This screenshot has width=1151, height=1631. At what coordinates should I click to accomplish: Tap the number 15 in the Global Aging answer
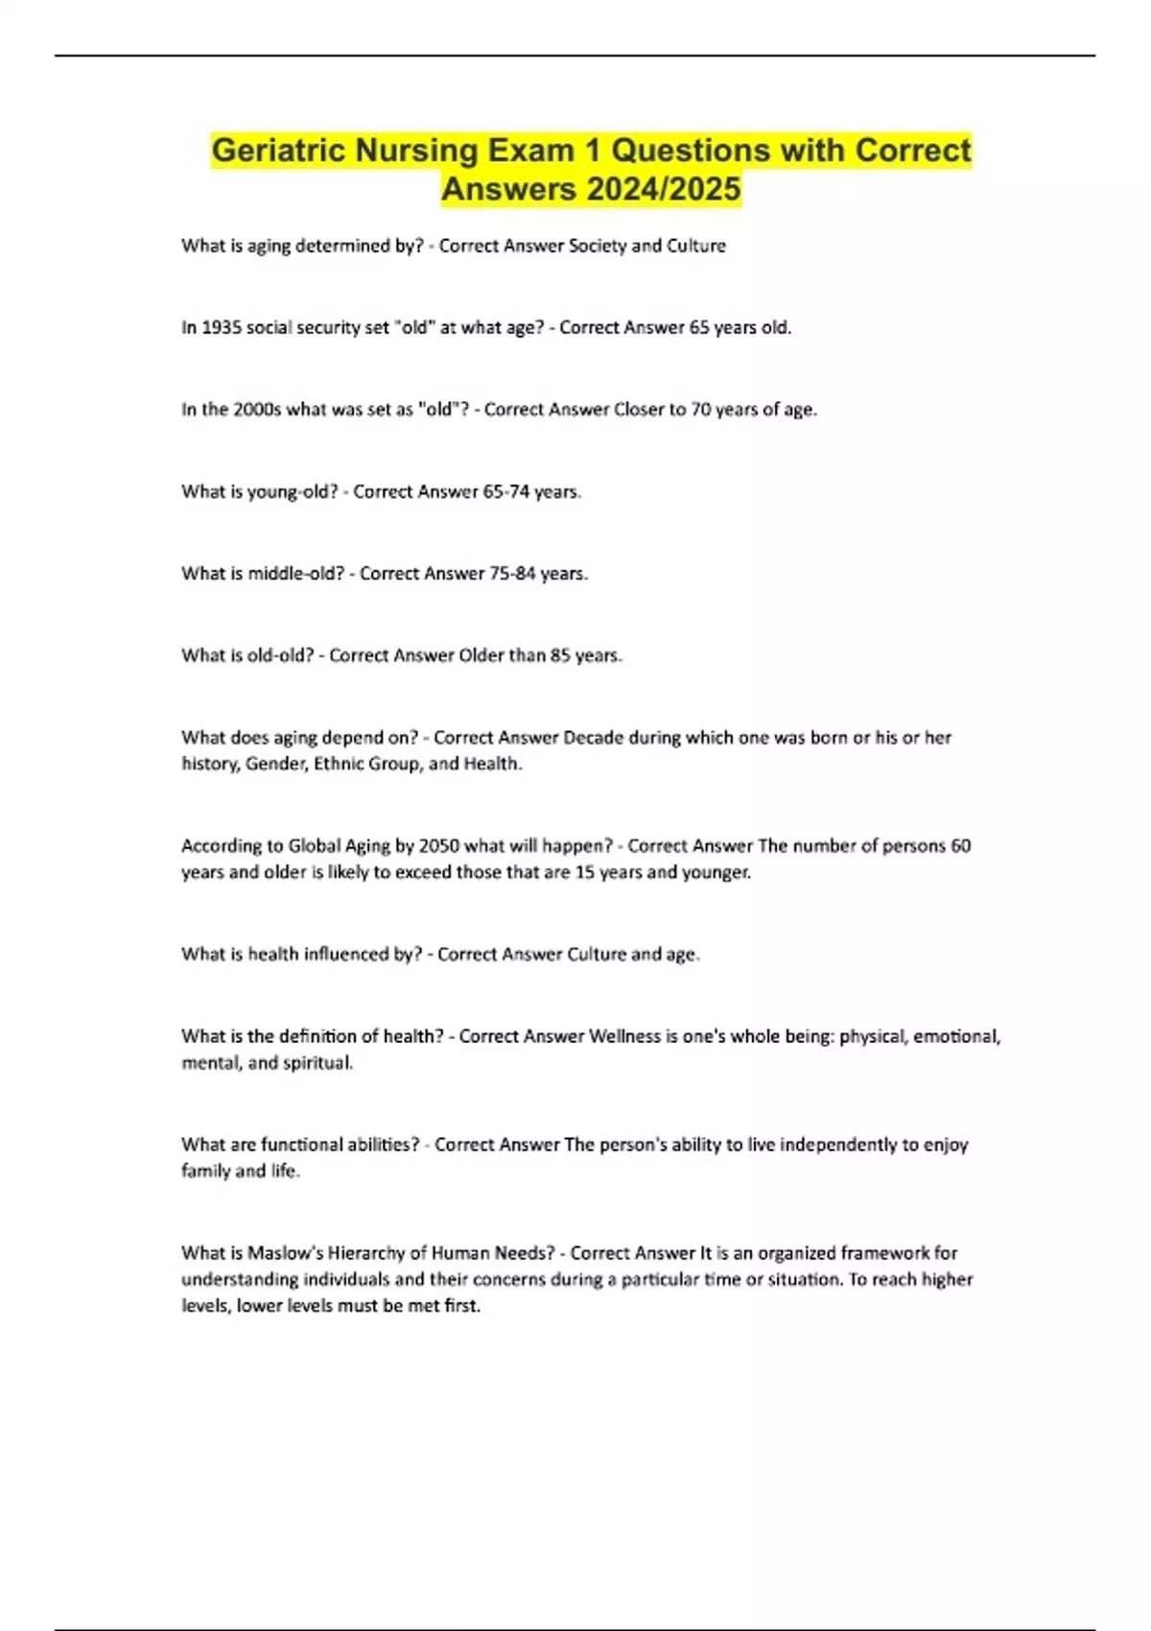pos(584,873)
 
